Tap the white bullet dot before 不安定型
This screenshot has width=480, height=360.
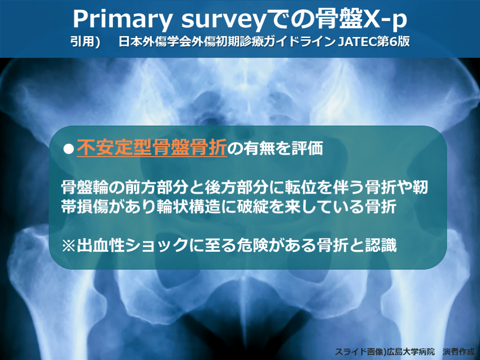(x=68, y=149)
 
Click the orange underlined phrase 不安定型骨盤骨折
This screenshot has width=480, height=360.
(x=152, y=148)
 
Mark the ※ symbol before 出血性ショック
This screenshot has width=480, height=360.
(x=68, y=246)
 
